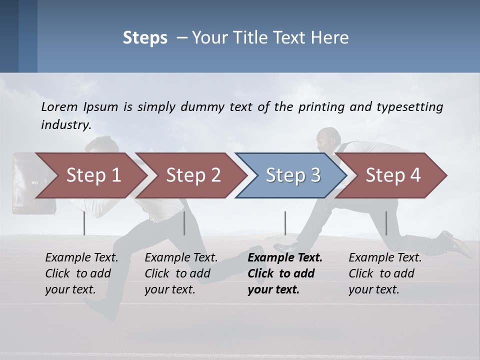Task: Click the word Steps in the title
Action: (x=145, y=38)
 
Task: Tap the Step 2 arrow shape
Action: (x=193, y=175)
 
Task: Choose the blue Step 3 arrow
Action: (x=293, y=175)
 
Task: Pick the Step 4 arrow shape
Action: (x=393, y=175)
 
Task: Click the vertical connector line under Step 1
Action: (x=84, y=223)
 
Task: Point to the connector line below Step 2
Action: (x=184, y=223)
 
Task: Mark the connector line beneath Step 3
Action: (x=285, y=223)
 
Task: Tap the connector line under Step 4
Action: (x=386, y=223)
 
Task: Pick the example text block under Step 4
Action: (x=385, y=273)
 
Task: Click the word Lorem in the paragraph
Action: (x=59, y=107)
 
